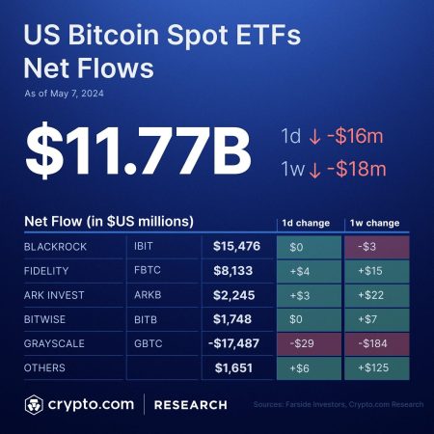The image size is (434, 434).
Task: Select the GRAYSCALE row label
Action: pos(58,344)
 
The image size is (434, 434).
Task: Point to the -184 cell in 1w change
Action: pos(378,344)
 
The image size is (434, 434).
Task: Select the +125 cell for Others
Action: pos(378,368)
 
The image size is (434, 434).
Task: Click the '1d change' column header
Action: pos(306,223)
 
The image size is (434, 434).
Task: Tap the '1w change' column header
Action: pos(377,223)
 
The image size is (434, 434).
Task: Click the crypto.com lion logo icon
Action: pos(37,403)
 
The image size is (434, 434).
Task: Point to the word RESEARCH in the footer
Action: pos(192,404)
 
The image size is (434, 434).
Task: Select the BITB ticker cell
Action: pos(148,320)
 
